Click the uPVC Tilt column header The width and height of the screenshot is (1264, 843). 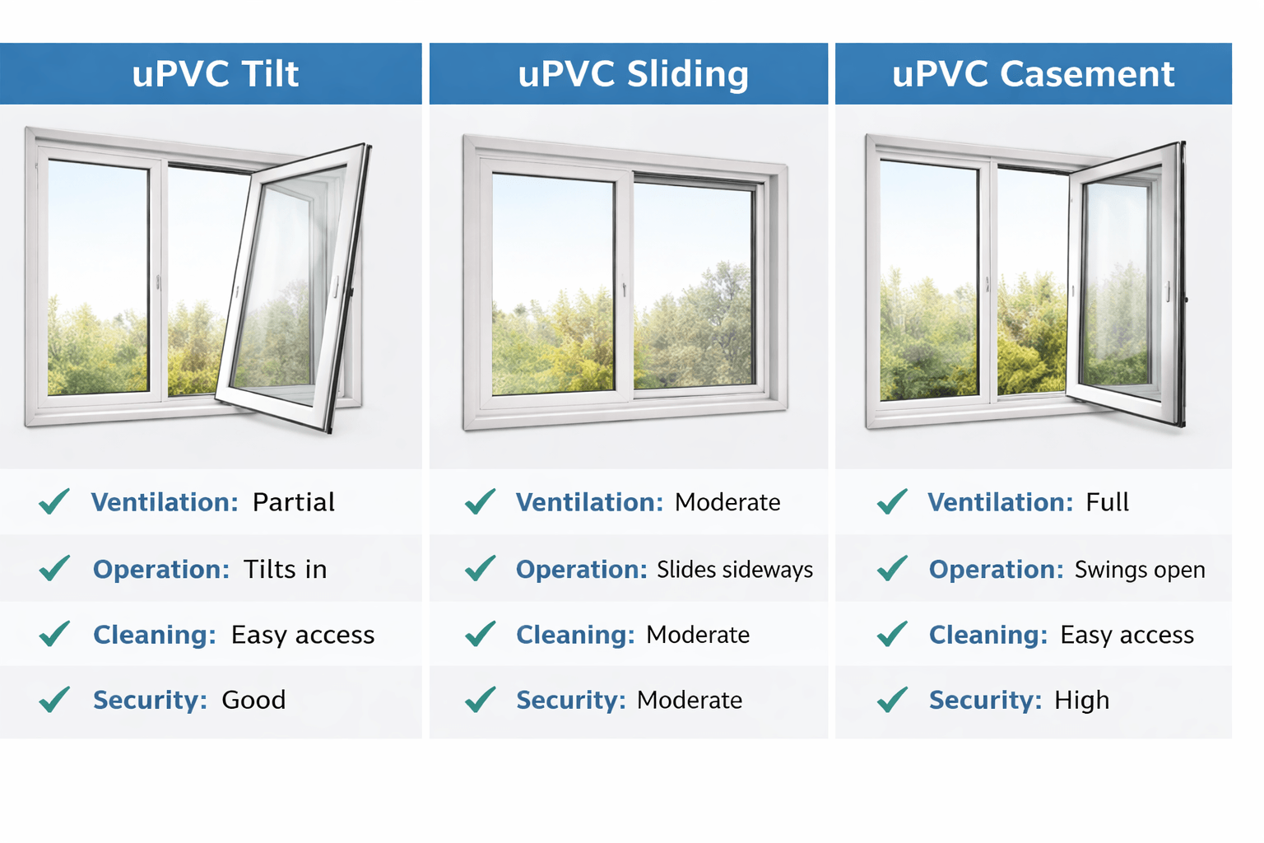[215, 74]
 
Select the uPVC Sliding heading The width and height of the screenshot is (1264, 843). [633, 74]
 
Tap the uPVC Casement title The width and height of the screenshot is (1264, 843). [1033, 74]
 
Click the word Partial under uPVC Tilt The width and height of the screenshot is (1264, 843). [293, 502]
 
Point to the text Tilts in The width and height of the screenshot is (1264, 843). [285, 569]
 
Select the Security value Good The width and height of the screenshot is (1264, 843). [253, 700]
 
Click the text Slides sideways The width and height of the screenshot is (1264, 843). [734, 570]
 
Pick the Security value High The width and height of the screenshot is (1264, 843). [1081, 700]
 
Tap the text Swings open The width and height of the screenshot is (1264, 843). [1139, 570]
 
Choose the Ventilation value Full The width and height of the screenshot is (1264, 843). [1107, 502]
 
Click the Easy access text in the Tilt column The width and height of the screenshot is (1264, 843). [302, 635]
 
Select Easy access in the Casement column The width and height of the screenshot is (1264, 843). [1127, 635]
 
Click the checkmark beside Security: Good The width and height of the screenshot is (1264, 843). [54, 700]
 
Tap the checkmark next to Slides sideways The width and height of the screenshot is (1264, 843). [480, 568]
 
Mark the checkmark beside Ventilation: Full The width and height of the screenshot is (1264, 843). [892, 501]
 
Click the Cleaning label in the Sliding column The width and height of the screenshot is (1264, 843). [575, 635]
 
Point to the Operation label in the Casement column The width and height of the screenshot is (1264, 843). [996, 570]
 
